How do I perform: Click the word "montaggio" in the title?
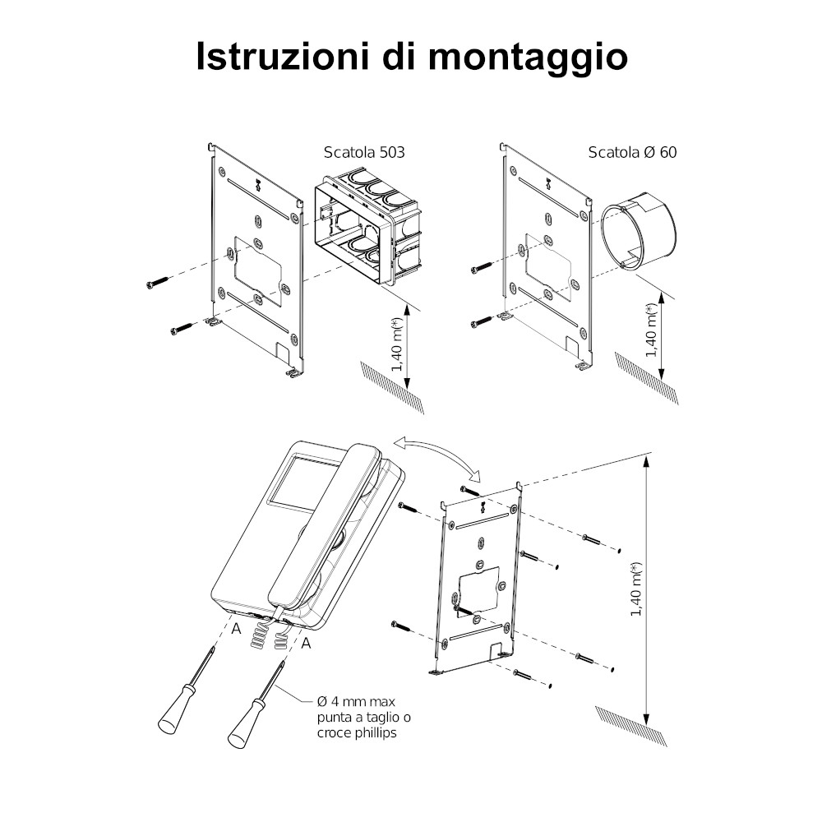coord(528,58)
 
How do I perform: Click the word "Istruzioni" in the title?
coord(282,55)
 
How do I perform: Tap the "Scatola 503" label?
coord(364,153)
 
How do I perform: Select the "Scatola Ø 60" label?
coord(632,153)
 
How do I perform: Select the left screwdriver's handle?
coord(172,718)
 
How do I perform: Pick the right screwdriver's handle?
coord(242,729)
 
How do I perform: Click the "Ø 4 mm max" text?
coord(357,701)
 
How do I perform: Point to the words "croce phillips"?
coord(357,732)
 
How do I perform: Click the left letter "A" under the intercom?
coord(237,629)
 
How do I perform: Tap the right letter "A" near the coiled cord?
coord(306,643)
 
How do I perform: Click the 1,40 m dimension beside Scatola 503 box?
coord(408,345)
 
